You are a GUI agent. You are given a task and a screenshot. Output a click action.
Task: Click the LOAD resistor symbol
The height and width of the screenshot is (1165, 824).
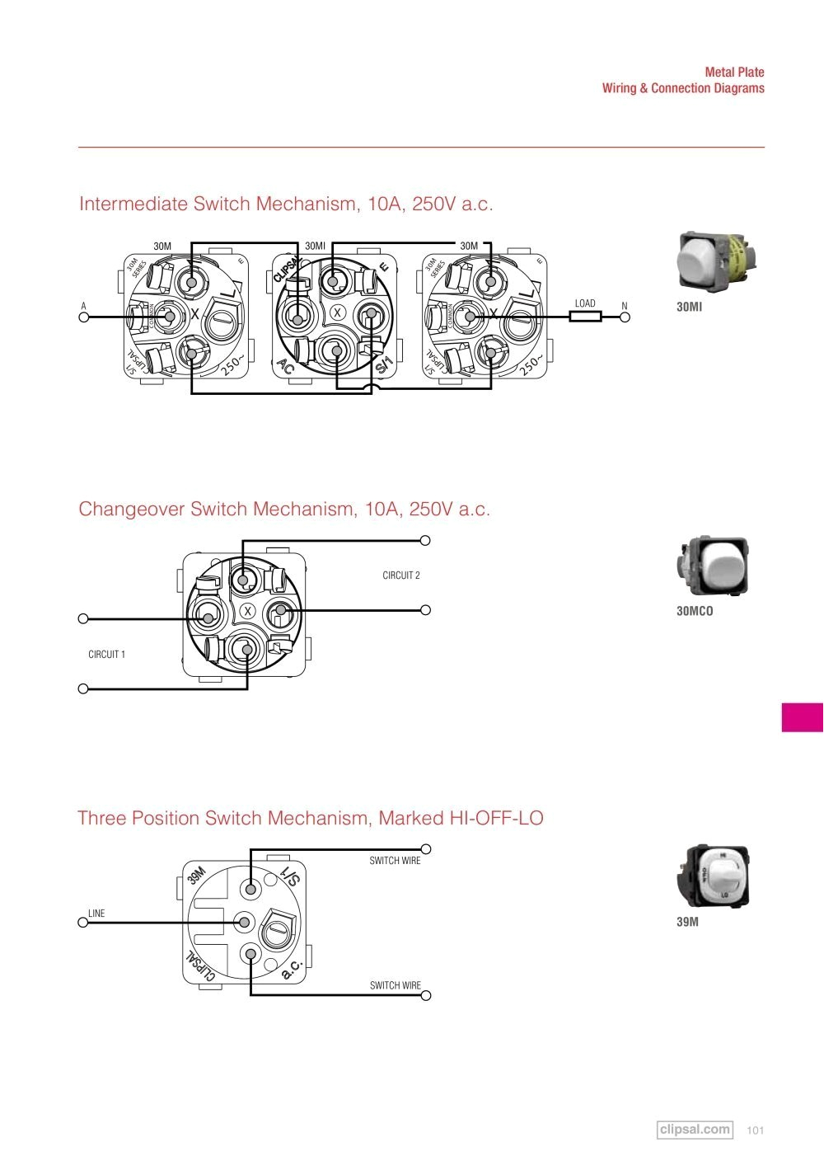click(x=585, y=316)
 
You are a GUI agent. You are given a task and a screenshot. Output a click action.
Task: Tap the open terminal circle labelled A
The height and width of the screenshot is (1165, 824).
click(x=83, y=316)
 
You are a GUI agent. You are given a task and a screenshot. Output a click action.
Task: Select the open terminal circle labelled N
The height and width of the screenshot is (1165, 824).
click(x=624, y=316)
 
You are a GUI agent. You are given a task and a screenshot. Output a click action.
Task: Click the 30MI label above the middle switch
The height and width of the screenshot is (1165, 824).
click(x=315, y=246)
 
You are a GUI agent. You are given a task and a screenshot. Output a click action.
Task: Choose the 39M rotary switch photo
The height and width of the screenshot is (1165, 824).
click(x=713, y=876)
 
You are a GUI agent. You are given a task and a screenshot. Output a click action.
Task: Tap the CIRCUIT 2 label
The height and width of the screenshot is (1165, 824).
click(x=401, y=575)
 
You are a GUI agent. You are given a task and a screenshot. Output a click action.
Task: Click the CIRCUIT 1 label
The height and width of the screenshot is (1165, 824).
click(x=106, y=655)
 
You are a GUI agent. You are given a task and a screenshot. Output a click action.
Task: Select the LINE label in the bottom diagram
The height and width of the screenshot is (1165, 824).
click(x=96, y=914)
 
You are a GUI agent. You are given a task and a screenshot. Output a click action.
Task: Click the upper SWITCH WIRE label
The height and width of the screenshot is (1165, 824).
click(x=395, y=861)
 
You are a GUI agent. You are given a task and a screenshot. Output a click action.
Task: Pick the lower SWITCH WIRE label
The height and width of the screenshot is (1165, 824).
click(x=395, y=985)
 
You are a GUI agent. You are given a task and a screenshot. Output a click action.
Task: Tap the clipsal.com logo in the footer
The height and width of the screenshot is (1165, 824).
click(x=695, y=1130)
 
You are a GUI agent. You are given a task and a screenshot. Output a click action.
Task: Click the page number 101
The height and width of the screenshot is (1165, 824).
click(x=755, y=1130)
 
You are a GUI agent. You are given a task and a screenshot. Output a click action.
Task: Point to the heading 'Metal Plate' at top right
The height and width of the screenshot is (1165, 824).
click(x=734, y=73)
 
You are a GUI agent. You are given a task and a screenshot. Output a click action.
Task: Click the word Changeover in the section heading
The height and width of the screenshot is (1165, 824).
click(x=132, y=510)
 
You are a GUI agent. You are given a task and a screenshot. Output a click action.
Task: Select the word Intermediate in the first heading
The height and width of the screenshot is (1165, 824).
click(x=133, y=204)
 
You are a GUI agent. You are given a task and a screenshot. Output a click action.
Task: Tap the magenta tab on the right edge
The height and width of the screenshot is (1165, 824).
click(x=803, y=716)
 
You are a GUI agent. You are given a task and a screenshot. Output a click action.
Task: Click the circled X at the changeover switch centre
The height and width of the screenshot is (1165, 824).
click(x=247, y=611)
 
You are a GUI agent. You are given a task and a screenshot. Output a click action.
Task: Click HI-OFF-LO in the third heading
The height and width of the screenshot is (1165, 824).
click(x=496, y=819)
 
